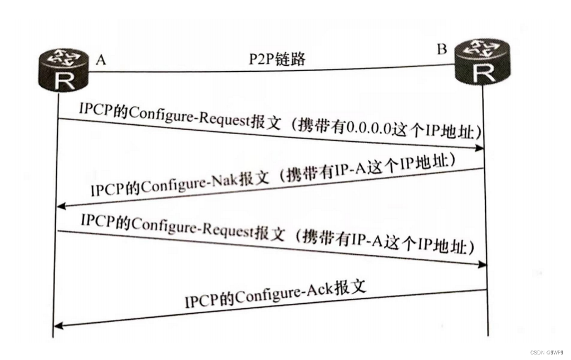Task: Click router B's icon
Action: (x=482, y=62)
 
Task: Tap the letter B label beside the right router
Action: (x=442, y=49)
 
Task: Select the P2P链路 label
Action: (x=277, y=59)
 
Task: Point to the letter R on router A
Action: (x=65, y=81)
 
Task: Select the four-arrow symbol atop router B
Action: (x=482, y=48)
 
